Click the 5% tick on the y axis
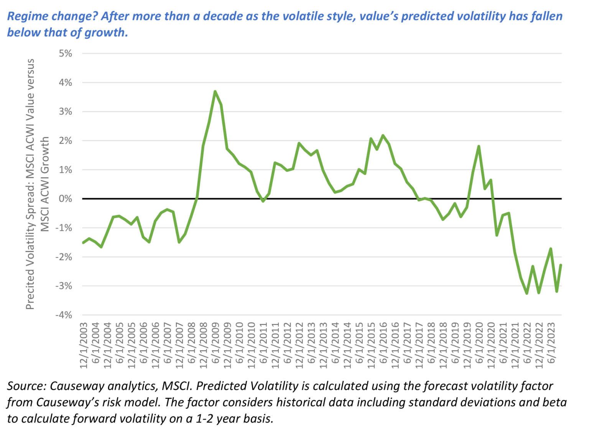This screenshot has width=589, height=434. [66, 53]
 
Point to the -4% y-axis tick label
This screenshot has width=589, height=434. [64, 315]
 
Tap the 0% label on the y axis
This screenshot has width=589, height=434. [66, 199]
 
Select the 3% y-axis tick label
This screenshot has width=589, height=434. [66, 111]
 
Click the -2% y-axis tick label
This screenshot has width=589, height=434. [64, 257]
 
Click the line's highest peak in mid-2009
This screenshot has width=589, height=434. [215, 91]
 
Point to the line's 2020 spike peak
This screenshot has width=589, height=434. [479, 146]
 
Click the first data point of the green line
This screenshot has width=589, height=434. [83, 243]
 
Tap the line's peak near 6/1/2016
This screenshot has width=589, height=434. [383, 135]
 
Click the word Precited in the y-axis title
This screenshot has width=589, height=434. [30, 290]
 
